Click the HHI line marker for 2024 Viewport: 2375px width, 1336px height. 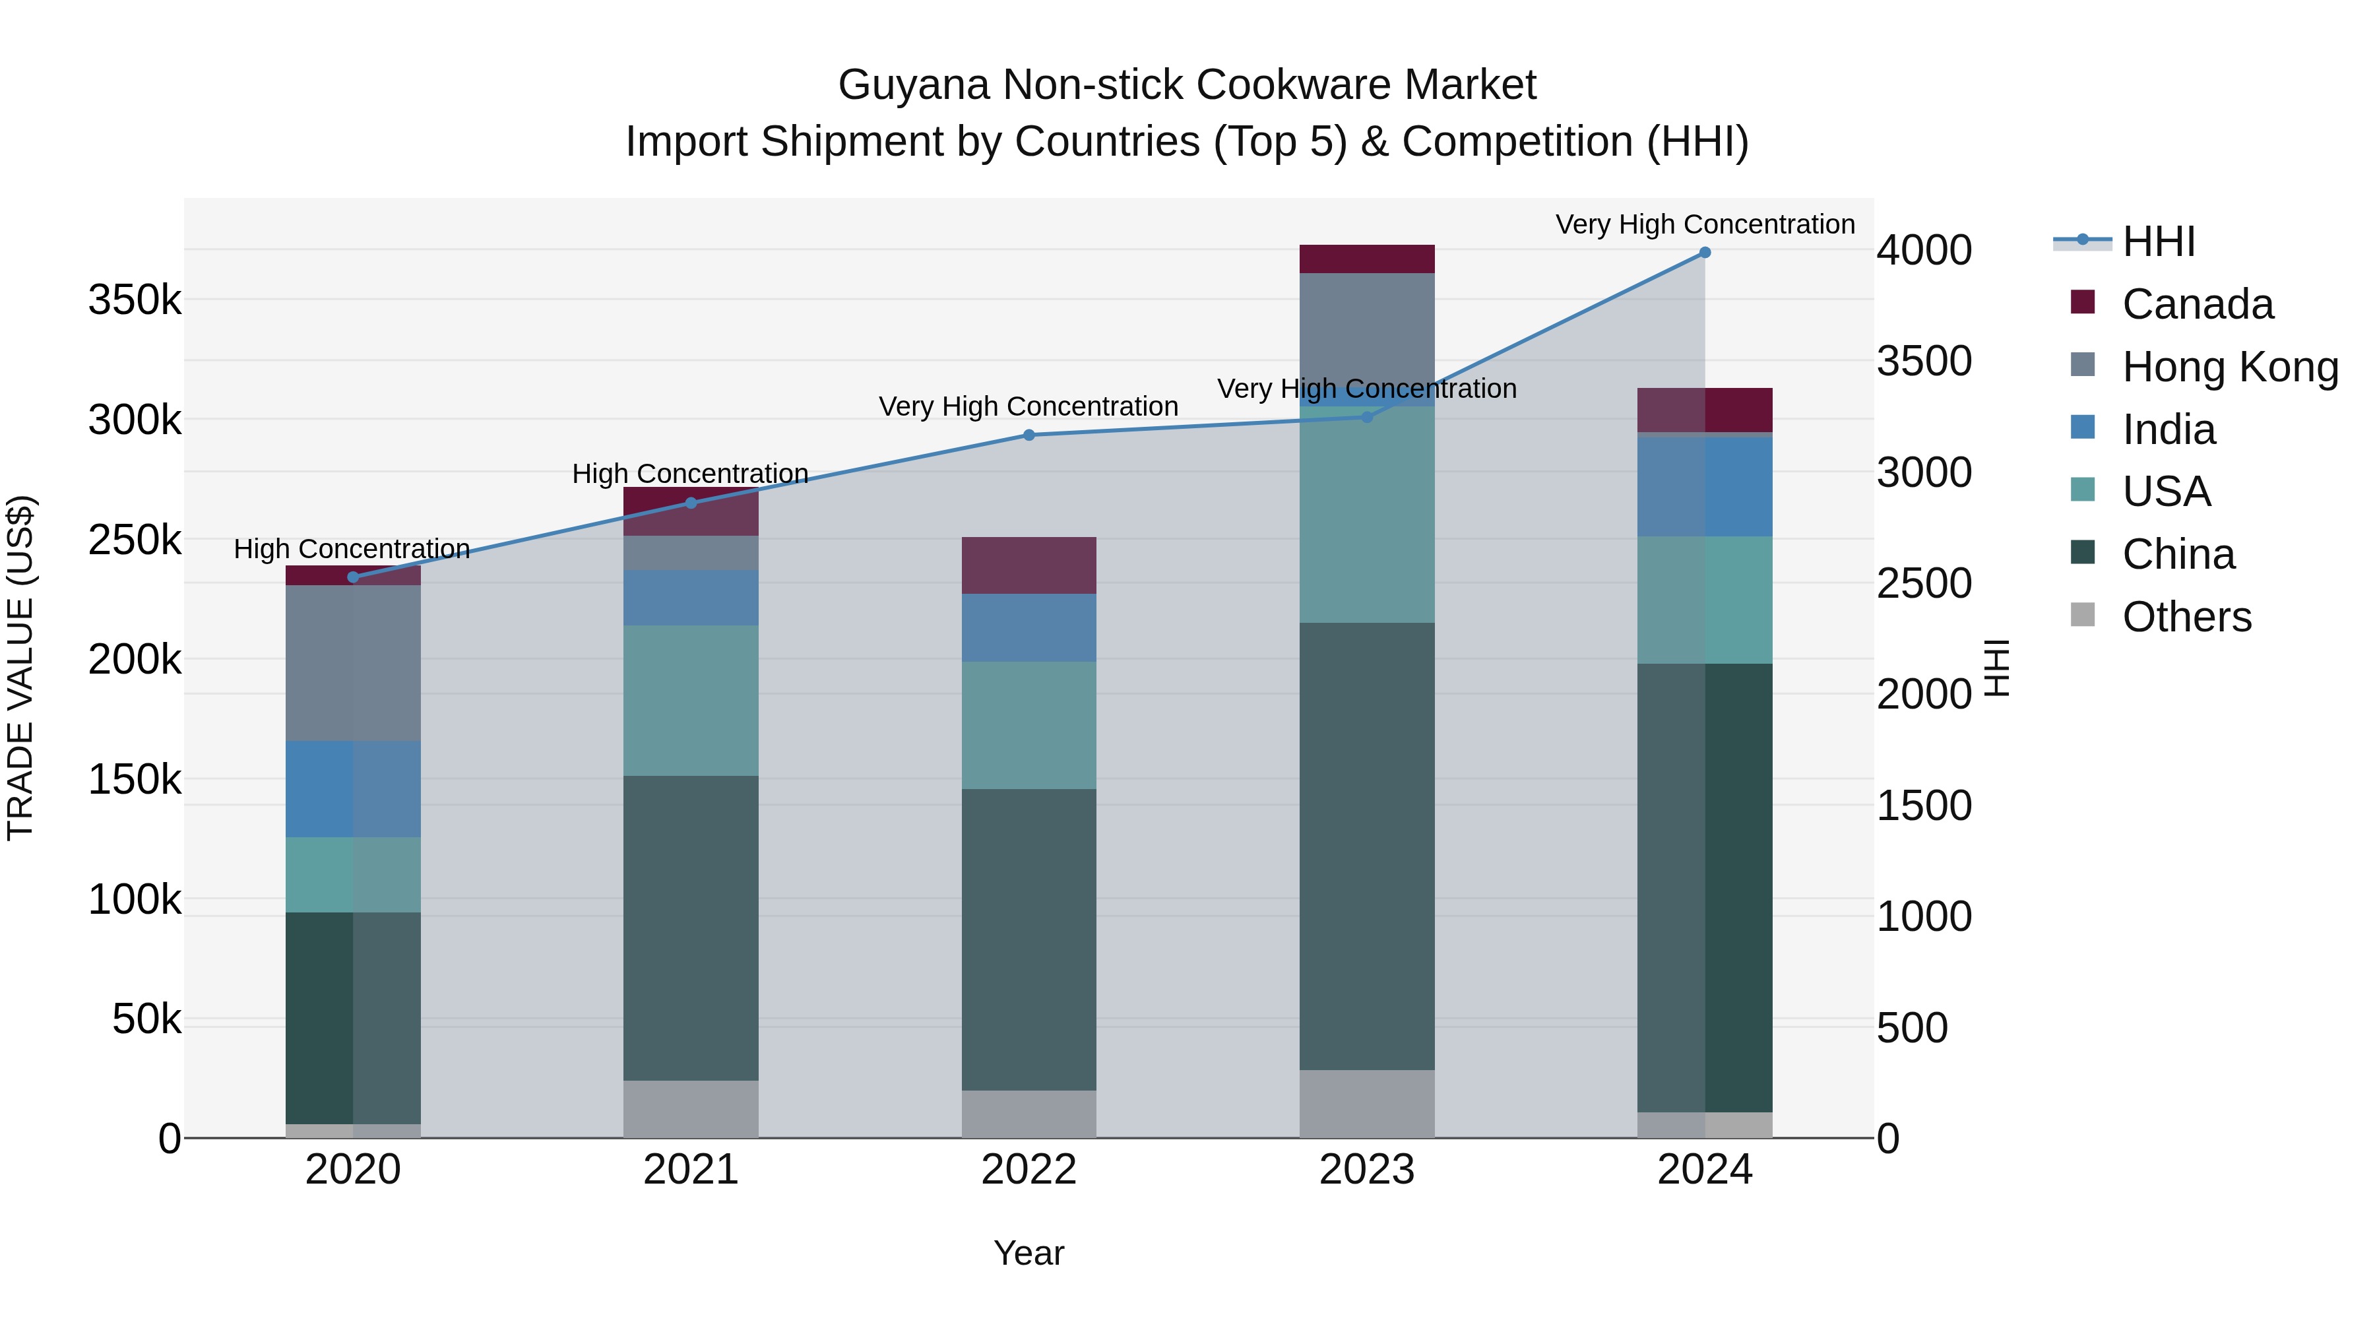point(1705,253)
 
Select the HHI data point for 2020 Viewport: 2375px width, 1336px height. point(353,577)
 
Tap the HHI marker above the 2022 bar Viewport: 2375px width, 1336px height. point(1029,435)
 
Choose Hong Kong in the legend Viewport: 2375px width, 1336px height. point(2229,367)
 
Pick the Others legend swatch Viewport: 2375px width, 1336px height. point(2083,615)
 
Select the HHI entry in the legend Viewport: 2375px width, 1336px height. point(2157,241)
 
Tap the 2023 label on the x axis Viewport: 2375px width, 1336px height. point(1366,1170)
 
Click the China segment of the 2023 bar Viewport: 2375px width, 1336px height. point(1366,846)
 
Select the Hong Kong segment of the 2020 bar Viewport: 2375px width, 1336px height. point(353,663)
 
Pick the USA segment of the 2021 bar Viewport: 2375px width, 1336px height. point(691,701)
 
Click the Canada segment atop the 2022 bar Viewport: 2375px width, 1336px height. point(1029,565)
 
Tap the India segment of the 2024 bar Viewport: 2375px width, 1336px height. point(1705,486)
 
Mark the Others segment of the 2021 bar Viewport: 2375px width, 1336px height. point(691,1109)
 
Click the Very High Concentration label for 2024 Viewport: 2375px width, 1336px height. point(1705,225)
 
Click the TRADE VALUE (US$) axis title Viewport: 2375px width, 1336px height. point(20,668)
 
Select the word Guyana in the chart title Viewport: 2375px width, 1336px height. point(913,85)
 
